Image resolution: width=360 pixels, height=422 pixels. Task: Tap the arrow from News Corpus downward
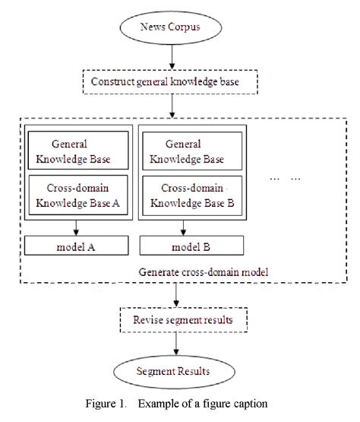(x=173, y=58)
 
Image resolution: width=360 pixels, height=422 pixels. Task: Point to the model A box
(x=77, y=246)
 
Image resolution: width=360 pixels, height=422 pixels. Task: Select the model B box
(x=191, y=246)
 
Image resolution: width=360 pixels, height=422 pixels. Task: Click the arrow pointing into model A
(x=77, y=228)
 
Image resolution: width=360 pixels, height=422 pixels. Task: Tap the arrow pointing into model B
(x=191, y=228)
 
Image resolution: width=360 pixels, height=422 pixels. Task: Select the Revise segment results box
(x=176, y=319)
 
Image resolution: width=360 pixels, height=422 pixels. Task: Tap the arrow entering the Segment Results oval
(x=176, y=345)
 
